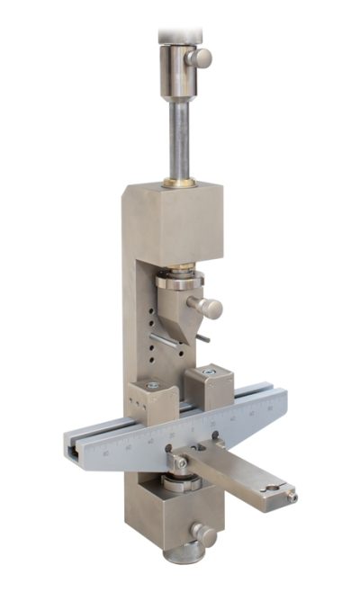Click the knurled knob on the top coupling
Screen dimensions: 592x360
(201, 58)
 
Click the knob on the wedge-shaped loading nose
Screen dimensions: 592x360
(211, 308)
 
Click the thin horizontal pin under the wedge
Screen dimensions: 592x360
(166, 343)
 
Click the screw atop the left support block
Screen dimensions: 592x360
(153, 385)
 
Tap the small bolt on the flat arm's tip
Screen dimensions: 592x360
(291, 497)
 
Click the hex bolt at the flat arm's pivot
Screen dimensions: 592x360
(181, 462)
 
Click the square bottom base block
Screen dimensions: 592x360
(171, 517)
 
